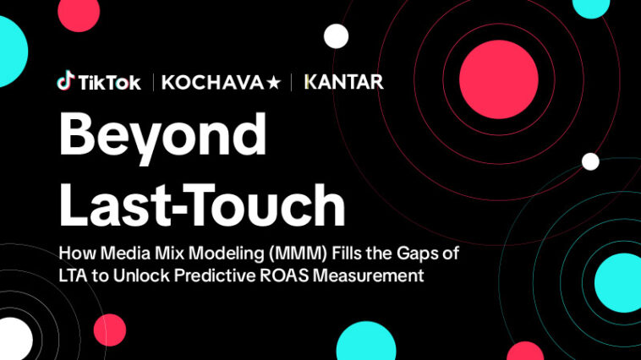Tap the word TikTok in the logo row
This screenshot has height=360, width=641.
pos(108,83)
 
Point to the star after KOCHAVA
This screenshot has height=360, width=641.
pos(275,82)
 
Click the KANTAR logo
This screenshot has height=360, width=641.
pos(343,82)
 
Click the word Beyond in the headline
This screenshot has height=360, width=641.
pos(162,134)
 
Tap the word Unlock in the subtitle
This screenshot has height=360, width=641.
pos(141,275)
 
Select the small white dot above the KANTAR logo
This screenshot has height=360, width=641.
pos(337,35)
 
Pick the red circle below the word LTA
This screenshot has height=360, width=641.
pos(109,330)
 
